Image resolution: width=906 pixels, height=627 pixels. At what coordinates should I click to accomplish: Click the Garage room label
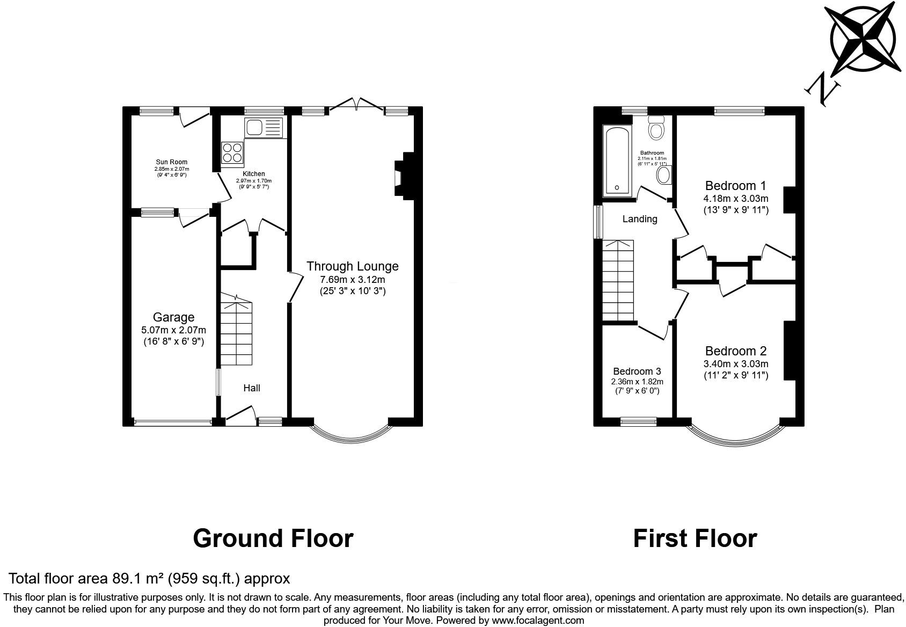coord(173,317)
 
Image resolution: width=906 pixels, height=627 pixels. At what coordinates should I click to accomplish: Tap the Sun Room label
coord(172,162)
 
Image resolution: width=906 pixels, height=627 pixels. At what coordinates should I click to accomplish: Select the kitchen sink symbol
coord(262,128)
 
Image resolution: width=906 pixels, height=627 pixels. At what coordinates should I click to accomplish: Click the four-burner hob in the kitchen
coord(232,152)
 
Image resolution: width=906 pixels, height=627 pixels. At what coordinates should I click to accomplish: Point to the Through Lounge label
coord(352,266)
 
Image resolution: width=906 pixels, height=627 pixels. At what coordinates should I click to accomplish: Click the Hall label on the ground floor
coord(252,388)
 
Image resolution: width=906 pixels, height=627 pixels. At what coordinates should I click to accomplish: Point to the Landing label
coord(639,219)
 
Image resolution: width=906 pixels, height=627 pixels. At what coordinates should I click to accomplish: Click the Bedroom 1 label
coord(735,186)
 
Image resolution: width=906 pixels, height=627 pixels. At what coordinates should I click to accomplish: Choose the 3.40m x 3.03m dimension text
coord(735,364)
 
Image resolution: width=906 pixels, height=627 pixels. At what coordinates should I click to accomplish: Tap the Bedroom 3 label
coord(637,371)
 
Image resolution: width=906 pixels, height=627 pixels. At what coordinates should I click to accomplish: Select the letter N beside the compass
coord(821,89)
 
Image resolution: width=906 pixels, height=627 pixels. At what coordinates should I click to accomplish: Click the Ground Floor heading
coord(273,538)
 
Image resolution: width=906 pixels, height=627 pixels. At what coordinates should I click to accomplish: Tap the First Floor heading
coord(695,538)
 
